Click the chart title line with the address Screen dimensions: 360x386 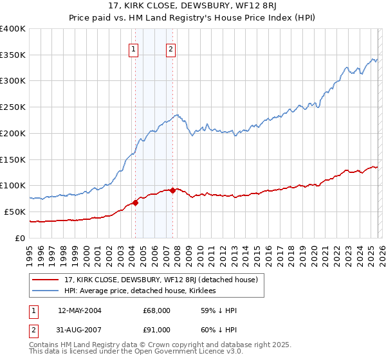coord(192,7)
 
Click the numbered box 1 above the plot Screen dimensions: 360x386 coord(133,49)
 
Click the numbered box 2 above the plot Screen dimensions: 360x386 coord(171,49)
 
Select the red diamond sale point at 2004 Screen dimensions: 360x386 coord(136,203)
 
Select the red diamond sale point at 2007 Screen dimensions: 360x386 coord(173,190)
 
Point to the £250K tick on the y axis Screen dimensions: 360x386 coord(13,107)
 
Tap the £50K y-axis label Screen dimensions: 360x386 coord(15,212)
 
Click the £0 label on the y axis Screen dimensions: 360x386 coord(21,238)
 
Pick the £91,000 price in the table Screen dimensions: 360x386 coord(156,330)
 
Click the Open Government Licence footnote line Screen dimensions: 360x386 coord(129,353)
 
